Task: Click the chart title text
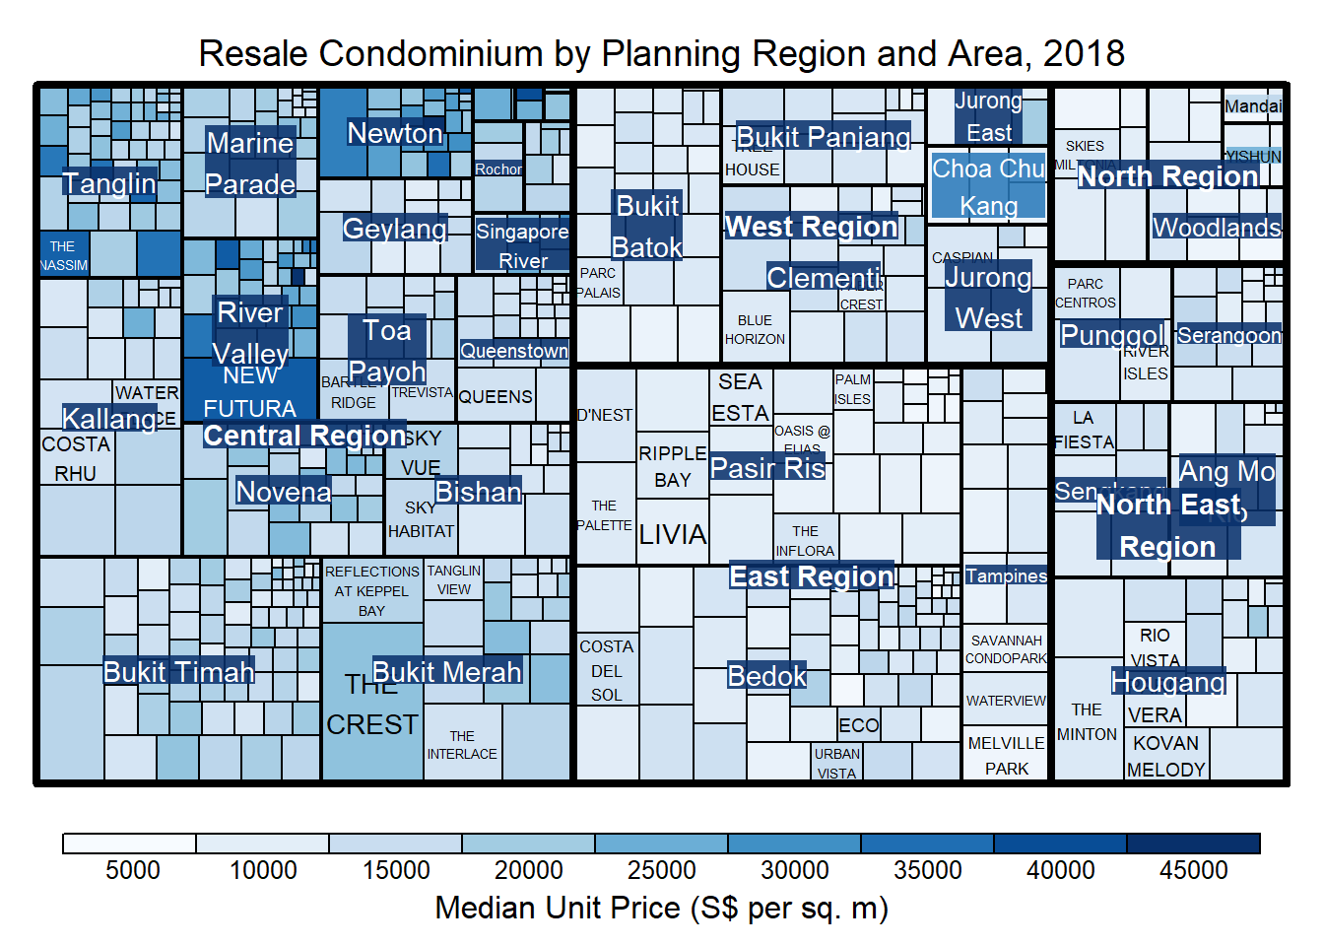point(661,53)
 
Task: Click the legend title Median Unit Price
point(661,908)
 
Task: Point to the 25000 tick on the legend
point(661,870)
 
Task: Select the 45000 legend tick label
point(1193,870)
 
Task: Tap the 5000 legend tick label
point(132,870)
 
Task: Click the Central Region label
point(304,435)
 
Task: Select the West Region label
point(811,227)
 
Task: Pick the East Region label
point(811,576)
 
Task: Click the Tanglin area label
point(109,183)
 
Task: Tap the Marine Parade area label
point(250,164)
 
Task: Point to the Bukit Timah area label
point(178,672)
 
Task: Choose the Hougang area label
point(1168,682)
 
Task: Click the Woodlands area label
point(1217,228)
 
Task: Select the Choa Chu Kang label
point(988,187)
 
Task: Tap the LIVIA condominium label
point(673,535)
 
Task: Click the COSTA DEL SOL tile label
point(606,671)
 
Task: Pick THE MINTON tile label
point(1087,722)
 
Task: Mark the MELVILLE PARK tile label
point(1006,756)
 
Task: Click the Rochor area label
point(498,169)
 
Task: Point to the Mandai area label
point(1253,106)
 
